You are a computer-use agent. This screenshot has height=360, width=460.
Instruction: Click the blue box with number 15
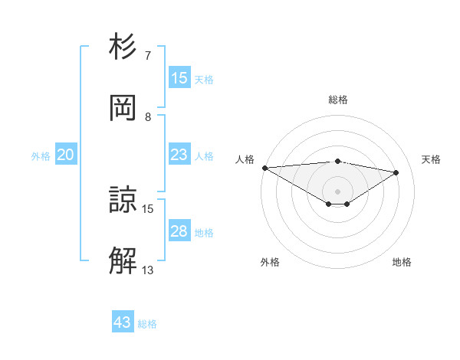179,78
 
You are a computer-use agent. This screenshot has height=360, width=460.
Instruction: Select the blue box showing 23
179,155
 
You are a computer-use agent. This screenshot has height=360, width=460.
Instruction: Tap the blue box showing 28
179,231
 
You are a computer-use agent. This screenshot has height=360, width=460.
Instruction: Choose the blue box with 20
66,155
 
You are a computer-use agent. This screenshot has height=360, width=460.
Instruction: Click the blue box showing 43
123,322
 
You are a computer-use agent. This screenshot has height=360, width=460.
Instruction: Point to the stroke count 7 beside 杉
149,56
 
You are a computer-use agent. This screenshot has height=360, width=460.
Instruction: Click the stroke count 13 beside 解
148,270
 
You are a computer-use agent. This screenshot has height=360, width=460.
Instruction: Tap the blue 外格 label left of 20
41,156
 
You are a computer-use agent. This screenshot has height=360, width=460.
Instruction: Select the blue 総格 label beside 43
147,324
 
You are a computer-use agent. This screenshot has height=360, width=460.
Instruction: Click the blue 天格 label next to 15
204,80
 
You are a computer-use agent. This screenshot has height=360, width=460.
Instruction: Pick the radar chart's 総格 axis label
337,100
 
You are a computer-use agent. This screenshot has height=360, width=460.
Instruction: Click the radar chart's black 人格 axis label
245,159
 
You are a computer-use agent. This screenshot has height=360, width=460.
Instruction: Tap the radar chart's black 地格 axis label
402,263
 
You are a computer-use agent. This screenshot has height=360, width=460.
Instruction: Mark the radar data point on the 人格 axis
264,167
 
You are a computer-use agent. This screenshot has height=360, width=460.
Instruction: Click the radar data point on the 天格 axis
396,172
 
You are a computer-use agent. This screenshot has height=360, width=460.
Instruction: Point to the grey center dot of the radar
337,191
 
